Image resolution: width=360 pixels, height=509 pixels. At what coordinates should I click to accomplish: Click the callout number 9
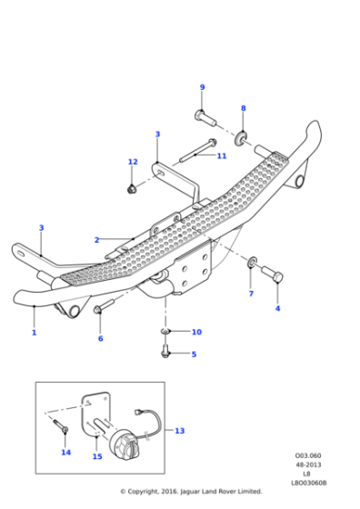(202, 87)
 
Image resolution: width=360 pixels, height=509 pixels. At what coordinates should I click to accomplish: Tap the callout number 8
(243, 108)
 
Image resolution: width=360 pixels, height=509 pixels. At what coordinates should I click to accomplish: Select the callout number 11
(221, 155)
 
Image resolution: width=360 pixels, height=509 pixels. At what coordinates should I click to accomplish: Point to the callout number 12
(133, 162)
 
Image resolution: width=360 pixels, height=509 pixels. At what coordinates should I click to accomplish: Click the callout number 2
(96, 240)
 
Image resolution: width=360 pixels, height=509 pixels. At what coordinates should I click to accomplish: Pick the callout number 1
(34, 333)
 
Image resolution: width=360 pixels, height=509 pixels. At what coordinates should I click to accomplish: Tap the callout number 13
(179, 431)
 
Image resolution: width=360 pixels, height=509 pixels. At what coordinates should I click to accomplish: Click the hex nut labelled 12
(132, 188)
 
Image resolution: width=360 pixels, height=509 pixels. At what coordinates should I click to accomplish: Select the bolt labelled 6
(99, 310)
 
